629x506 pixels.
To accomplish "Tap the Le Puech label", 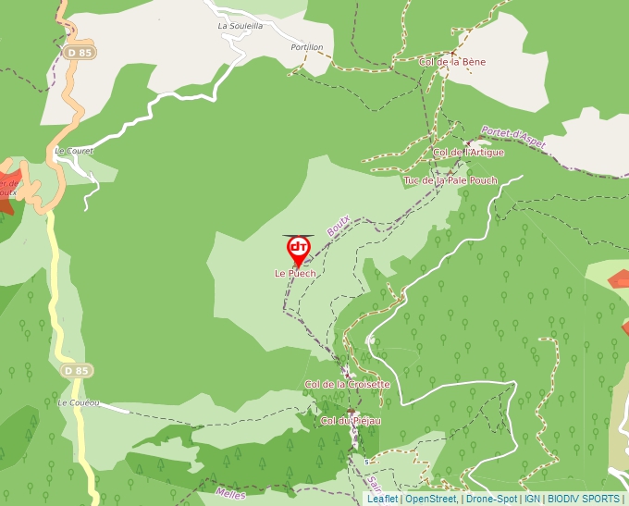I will click(x=295, y=274).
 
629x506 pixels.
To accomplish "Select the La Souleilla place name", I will click(x=240, y=27).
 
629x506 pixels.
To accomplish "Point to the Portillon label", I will click(x=307, y=47).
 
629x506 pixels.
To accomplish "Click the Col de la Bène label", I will click(x=452, y=62).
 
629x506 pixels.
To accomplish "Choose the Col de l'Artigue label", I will click(x=468, y=152).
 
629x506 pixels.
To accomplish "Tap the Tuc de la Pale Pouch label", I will click(x=450, y=180).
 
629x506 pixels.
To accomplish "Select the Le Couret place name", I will click(x=75, y=150).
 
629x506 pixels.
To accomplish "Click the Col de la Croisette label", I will click(x=348, y=384).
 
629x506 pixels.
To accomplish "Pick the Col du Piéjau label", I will click(x=351, y=421).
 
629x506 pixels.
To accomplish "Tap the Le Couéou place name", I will click(x=78, y=403).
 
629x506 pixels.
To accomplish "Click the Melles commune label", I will click(x=229, y=494).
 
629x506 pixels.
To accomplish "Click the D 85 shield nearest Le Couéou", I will click(x=79, y=371).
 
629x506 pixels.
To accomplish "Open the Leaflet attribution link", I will click(x=382, y=499).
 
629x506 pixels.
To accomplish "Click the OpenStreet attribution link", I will click(x=430, y=499).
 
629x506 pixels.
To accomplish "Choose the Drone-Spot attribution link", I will click(x=490, y=499).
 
